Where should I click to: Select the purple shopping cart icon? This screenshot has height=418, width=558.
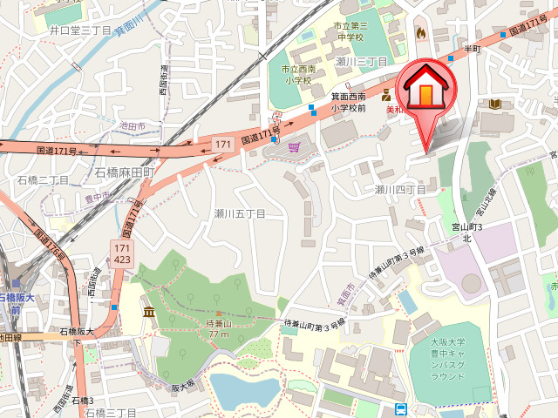click(x=294, y=148)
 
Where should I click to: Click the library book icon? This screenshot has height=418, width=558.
click(x=494, y=104)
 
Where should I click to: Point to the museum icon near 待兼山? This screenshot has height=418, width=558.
click(x=149, y=312)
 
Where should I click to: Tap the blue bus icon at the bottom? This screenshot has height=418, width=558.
click(x=400, y=409)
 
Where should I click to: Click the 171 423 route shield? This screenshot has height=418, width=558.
click(x=122, y=253)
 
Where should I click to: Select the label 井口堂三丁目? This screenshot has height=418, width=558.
click(x=81, y=30)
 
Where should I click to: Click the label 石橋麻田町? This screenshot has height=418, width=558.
click(x=125, y=172)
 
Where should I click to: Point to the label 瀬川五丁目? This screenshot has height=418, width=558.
click(x=240, y=213)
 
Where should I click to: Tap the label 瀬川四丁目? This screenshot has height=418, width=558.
click(x=400, y=189)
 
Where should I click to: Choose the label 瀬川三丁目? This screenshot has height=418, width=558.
click(x=361, y=62)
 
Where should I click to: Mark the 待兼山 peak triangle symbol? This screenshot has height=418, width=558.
click(x=218, y=313)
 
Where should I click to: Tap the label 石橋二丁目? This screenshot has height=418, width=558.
click(x=43, y=179)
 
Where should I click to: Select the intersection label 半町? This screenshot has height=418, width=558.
click(x=472, y=49)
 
